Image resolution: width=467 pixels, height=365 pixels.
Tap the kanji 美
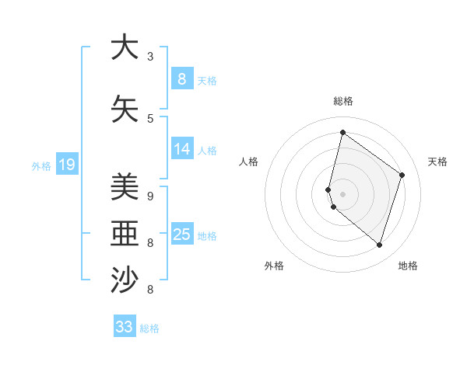(125, 186)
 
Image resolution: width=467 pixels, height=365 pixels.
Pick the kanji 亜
(125, 233)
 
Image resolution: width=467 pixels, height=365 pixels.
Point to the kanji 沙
(125, 280)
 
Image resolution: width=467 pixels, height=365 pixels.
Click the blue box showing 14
(182, 150)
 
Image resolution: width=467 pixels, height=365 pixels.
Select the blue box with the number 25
(182, 235)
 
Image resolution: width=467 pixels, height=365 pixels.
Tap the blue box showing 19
(67, 164)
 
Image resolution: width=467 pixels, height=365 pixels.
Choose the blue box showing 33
(125, 327)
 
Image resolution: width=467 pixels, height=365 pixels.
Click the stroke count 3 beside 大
(150, 57)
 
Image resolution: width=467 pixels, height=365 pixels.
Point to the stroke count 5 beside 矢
(150, 119)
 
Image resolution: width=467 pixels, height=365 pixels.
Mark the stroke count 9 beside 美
(150, 196)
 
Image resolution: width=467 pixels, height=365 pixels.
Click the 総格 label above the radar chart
(342, 101)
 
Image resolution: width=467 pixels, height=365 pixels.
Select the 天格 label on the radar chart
(437, 162)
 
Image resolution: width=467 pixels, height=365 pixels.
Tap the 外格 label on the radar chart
(274, 266)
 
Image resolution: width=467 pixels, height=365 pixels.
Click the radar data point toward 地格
(379, 245)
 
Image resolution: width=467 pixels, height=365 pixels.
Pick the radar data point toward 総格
(342, 132)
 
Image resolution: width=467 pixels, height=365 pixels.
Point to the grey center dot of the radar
(342, 193)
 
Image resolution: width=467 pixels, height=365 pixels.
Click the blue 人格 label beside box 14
(207, 151)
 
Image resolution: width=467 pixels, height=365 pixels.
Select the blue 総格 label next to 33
(149, 328)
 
